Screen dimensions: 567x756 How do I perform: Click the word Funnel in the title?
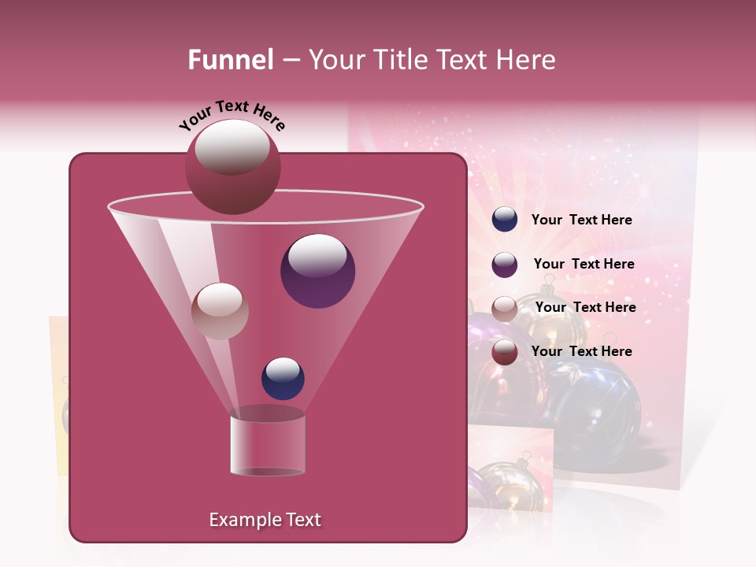tap(231, 60)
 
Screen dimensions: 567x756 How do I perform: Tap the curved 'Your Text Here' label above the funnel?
tap(232, 115)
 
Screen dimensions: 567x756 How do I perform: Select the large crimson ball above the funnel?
tap(232, 166)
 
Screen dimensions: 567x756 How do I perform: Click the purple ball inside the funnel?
tap(317, 271)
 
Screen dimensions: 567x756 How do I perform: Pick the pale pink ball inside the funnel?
tap(220, 311)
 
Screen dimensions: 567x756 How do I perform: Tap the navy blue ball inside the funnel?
tap(283, 379)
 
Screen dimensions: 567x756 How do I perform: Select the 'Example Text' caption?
tap(265, 520)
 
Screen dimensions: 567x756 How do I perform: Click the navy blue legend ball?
tap(505, 220)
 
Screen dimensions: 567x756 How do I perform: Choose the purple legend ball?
tap(505, 265)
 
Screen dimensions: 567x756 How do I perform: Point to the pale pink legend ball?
tap(505, 309)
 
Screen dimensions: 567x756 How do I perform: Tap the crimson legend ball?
tap(505, 352)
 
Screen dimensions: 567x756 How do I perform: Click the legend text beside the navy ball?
tap(581, 220)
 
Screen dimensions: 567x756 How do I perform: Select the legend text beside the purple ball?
tap(584, 264)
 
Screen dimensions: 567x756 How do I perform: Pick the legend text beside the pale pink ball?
tap(585, 307)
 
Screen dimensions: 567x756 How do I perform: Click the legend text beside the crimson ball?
tap(581, 351)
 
